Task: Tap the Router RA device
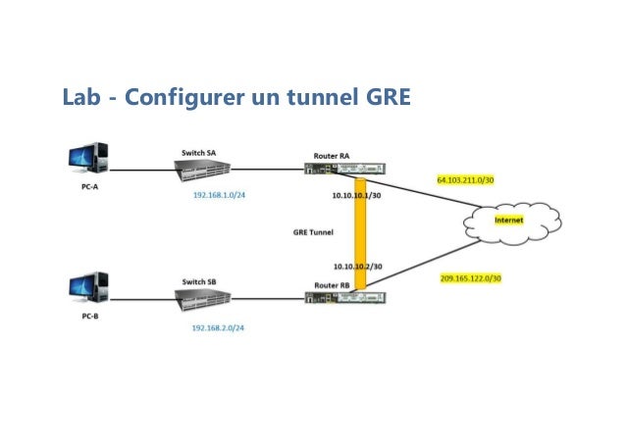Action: tap(344, 170)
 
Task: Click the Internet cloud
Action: tap(509, 221)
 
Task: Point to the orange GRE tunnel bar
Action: tap(360, 233)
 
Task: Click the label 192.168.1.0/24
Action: tap(218, 196)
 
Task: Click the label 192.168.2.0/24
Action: tap(218, 327)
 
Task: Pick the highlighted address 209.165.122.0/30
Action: tap(471, 278)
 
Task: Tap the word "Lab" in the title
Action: tap(80, 98)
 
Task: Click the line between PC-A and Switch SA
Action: tap(142, 170)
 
